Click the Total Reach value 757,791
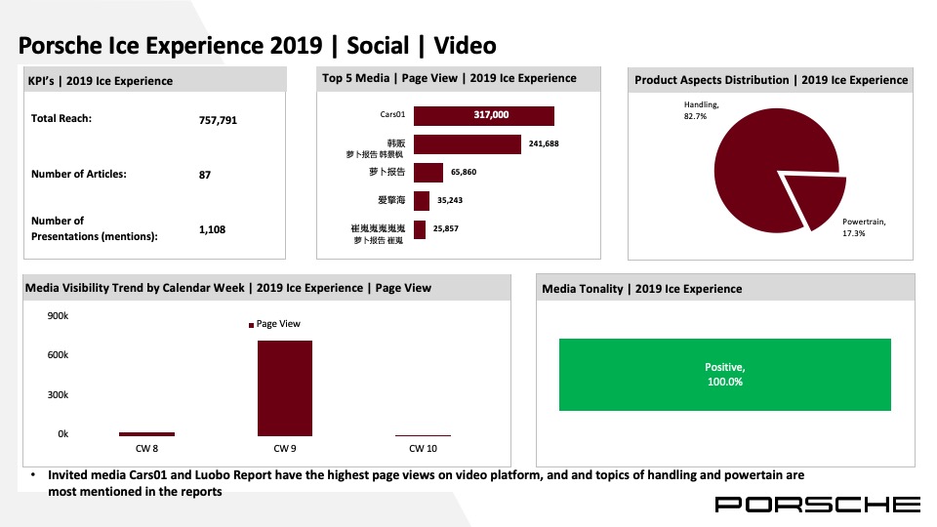click(x=217, y=121)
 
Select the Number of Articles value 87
click(x=205, y=175)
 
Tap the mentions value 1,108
click(x=212, y=229)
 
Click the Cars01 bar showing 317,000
click(x=484, y=116)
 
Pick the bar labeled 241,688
click(x=468, y=144)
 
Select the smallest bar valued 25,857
click(x=420, y=229)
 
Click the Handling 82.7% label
click(x=702, y=110)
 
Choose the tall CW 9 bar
click(x=284, y=387)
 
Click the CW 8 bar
click(x=146, y=433)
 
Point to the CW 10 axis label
click(x=423, y=449)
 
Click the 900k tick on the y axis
click(x=58, y=316)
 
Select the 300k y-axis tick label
click(x=58, y=394)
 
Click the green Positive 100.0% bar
click(x=724, y=374)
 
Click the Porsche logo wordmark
click(x=817, y=504)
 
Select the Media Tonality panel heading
click(x=642, y=289)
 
